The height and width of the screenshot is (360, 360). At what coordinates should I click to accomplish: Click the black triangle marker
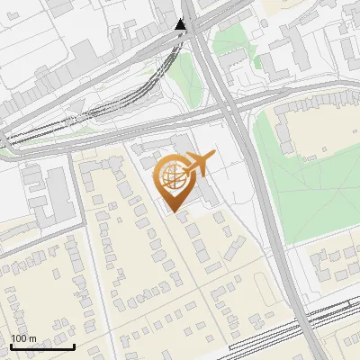click(x=181, y=25)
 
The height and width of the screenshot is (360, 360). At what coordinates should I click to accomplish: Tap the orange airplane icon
click(x=198, y=166)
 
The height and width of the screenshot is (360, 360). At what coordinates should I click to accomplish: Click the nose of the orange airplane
click(x=213, y=156)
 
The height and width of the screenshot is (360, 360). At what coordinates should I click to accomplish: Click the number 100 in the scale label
click(x=19, y=337)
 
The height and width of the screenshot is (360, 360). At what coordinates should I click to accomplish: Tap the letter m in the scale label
click(x=32, y=337)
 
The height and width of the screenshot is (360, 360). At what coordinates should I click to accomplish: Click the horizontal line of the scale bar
click(x=43, y=346)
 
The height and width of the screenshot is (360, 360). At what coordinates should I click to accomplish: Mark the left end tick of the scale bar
click(x=12, y=345)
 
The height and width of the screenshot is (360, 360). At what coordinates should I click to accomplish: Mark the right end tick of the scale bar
click(x=75, y=345)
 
